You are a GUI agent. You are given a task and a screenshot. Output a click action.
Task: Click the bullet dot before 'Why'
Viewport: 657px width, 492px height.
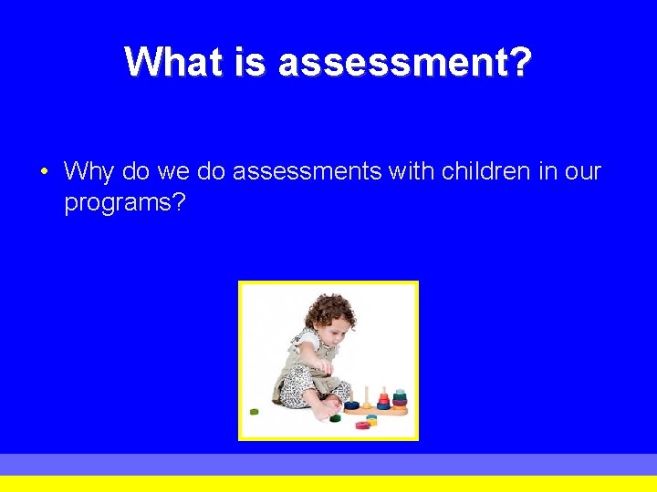coord(45,171)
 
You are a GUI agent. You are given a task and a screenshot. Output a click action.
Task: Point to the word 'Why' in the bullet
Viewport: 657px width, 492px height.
coord(88,171)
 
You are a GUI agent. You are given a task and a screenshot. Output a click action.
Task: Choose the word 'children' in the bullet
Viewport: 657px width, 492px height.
coord(474,171)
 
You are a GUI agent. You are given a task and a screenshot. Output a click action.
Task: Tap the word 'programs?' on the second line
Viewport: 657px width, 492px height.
coord(124,202)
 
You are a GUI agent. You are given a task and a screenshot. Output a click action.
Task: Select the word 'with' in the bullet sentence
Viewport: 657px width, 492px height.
coord(412,171)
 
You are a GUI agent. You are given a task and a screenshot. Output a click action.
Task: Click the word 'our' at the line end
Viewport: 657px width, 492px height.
coord(583,171)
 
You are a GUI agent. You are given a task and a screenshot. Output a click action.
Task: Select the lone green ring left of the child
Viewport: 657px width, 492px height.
coord(254,411)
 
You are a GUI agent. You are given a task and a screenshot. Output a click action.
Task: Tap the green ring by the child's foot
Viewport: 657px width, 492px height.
coord(336,418)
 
